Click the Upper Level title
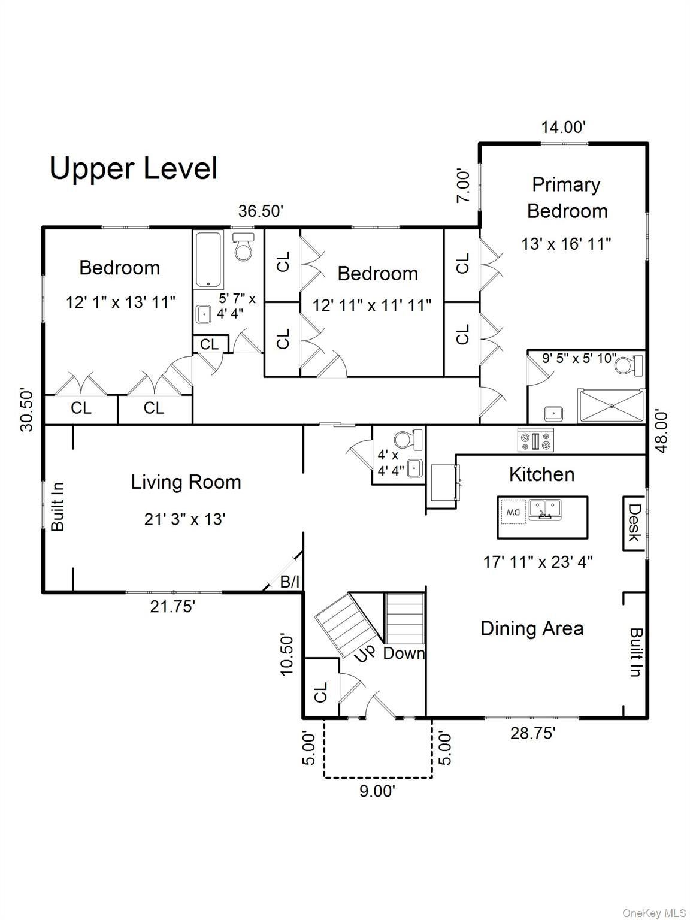point(134,169)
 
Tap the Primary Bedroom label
point(567,198)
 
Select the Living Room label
point(186,482)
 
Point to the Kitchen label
point(541,474)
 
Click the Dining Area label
point(532,629)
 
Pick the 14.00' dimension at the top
point(563,127)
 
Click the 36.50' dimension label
point(261,211)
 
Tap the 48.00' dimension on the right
point(662,432)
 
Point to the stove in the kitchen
point(536,440)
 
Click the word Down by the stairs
point(404,653)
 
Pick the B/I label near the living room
point(290,582)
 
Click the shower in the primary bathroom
point(612,406)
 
